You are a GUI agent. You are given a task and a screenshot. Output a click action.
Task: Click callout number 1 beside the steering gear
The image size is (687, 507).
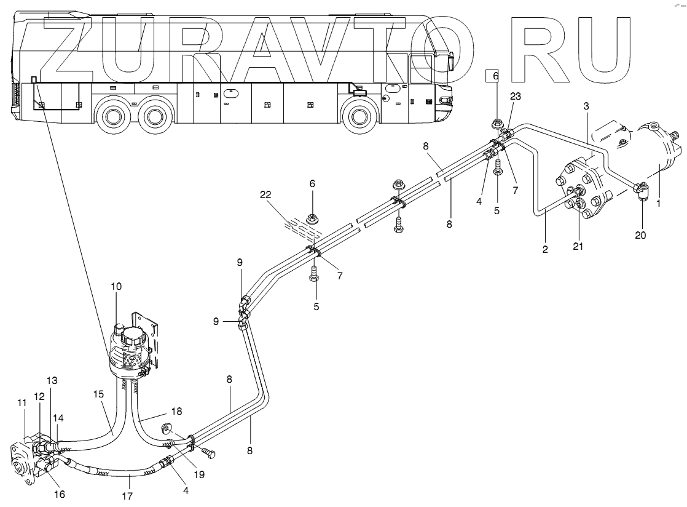pyautogui.click(x=658, y=201)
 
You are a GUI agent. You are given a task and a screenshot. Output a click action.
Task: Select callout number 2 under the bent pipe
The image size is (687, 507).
pyautogui.click(x=545, y=250)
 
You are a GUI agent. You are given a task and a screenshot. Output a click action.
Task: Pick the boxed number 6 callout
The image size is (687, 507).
pyautogui.click(x=496, y=76)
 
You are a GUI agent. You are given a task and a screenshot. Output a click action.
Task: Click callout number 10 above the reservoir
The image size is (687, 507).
pyautogui.click(x=117, y=287)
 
